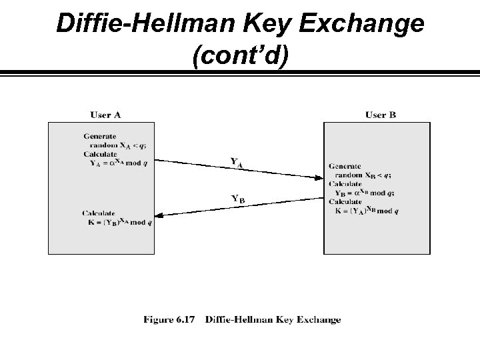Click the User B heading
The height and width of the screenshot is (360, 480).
380,115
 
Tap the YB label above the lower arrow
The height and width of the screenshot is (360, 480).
237,198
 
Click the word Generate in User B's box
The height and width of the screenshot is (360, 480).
345,167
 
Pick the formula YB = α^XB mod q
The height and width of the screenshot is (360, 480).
365,193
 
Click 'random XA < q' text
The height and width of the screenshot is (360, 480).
115,145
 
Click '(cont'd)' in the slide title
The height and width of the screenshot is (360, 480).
240,56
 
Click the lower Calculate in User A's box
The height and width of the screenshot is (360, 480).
99,213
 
